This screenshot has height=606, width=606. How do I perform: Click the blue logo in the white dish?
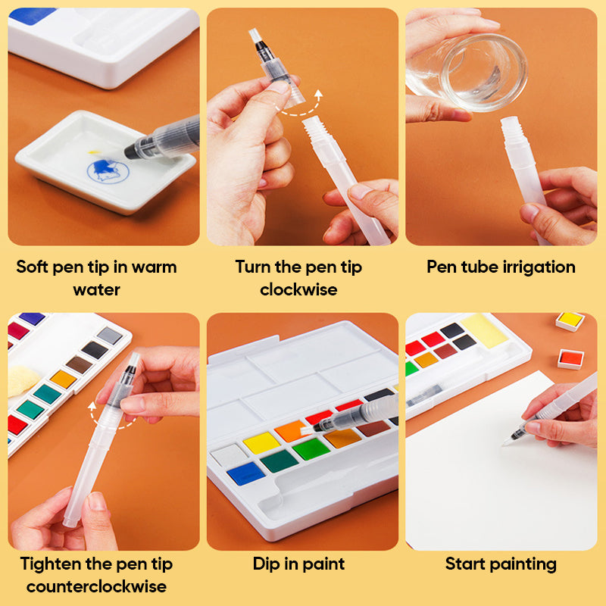tap(108, 170)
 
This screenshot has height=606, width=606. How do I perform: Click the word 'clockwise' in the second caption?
tap(298, 289)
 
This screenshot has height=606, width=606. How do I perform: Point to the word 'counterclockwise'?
tap(97, 586)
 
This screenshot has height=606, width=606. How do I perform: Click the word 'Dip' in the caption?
tap(267, 564)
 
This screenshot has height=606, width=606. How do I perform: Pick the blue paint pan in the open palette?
tap(245, 473)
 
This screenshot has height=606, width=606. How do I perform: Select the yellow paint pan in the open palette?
tap(261, 442)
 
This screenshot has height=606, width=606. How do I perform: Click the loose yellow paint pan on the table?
tap(570, 321)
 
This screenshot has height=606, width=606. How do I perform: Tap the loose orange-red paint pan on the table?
tap(570, 359)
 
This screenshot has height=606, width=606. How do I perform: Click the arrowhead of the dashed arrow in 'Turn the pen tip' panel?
tap(318, 93)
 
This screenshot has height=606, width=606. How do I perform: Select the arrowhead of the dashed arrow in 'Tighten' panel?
tap(92, 405)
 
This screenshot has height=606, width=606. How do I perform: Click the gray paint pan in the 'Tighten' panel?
tap(109, 336)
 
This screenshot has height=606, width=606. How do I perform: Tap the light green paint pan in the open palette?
tap(311, 449)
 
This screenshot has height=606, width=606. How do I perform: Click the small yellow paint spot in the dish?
tap(94, 152)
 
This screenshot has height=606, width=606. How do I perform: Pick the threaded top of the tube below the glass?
tap(510, 128)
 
